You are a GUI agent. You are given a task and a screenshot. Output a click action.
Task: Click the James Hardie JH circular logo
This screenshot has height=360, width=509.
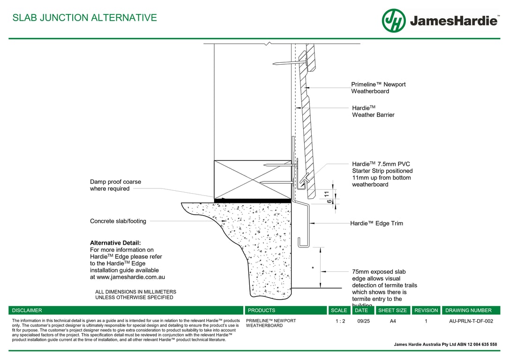(x=393, y=21)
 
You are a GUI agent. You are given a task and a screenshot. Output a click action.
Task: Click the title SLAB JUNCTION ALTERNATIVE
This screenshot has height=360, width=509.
(x=85, y=18)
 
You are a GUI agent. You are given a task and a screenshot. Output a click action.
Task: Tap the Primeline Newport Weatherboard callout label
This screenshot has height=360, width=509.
(x=378, y=88)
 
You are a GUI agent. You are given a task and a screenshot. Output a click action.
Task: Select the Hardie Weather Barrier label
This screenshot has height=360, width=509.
(x=373, y=111)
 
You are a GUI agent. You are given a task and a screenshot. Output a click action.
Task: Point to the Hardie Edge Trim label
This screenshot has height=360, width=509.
(x=376, y=224)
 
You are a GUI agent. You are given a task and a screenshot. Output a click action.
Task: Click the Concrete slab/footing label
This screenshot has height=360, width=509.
(x=118, y=221)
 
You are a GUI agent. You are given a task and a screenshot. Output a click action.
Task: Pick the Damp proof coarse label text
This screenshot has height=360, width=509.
(x=115, y=185)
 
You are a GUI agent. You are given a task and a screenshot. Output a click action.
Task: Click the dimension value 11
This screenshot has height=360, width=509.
(x=327, y=193)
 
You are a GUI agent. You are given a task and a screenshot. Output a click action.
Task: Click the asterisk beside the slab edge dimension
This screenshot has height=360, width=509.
(x=313, y=269)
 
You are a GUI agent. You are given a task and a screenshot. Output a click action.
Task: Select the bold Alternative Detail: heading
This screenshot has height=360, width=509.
(x=115, y=243)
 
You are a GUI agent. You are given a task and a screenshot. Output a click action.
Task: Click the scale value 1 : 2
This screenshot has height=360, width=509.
(x=340, y=322)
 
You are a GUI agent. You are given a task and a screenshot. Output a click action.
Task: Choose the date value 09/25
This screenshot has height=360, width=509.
(x=363, y=322)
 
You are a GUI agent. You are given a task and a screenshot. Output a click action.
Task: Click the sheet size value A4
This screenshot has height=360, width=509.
(x=392, y=322)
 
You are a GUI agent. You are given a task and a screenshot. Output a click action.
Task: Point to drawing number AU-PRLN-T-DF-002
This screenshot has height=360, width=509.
(x=471, y=322)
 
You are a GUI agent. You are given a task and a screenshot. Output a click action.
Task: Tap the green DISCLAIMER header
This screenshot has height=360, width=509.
(x=27, y=310)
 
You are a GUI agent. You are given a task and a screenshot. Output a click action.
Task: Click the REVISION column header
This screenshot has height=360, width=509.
(x=426, y=310)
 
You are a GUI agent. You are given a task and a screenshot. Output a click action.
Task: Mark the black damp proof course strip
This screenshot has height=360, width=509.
(x=253, y=200)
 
